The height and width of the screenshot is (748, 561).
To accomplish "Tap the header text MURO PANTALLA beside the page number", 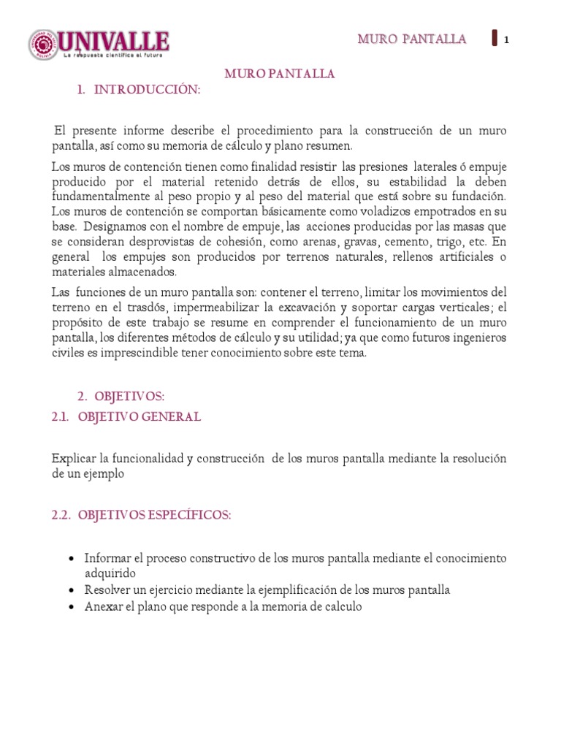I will [411, 39].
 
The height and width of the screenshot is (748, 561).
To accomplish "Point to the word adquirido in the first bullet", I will [110, 573].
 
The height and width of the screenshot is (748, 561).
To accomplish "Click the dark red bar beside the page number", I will [495, 38].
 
